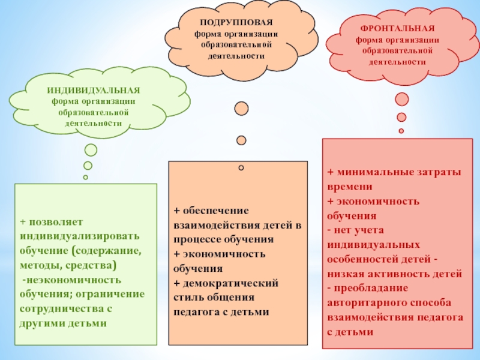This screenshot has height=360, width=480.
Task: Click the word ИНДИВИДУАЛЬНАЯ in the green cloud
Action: point(94,90)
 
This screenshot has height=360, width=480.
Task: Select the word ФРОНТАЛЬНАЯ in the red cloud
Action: point(398,29)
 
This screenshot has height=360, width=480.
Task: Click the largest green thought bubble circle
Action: point(91,151)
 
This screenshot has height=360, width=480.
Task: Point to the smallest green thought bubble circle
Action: point(86,177)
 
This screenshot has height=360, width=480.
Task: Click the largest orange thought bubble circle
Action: point(241,109)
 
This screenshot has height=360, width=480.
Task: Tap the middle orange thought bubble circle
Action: point(241,140)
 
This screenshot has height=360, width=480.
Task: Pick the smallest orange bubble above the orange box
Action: point(241,167)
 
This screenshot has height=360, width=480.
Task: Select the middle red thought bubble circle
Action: point(401,118)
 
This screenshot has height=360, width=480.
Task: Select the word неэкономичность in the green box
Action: point(73,280)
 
